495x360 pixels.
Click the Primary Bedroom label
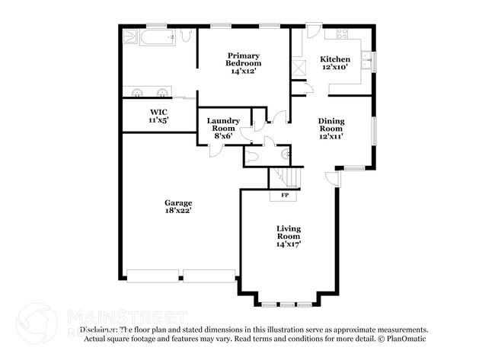pyautogui.click(x=243, y=59)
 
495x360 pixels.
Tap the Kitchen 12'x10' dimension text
pyautogui.click(x=334, y=68)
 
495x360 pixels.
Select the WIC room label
pyautogui.click(x=158, y=112)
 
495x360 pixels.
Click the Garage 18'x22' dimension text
pyautogui.click(x=178, y=211)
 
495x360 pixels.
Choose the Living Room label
pyautogui.click(x=289, y=233)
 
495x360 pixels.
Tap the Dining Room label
pyautogui.click(x=331, y=125)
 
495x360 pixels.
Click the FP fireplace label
pyautogui.click(x=285, y=196)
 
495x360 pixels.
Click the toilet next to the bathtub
pyautogui.click(x=186, y=36)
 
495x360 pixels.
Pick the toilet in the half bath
pyautogui.click(x=254, y=155)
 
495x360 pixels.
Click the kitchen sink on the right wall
pyautogui.click(x=366, y=60)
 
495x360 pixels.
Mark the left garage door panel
pyautogui.click(x=152, y=275)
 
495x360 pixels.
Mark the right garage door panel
pyautogui.click(x=209, y=275)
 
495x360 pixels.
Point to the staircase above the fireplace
pyautogui.click(x=285, y=178)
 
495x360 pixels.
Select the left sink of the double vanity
pyautogui.click(x=138, y=92)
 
